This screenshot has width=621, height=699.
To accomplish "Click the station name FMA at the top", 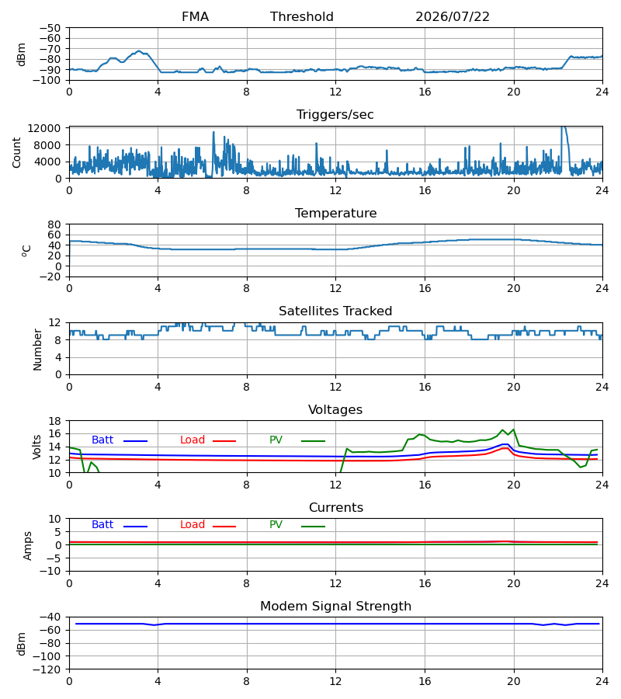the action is [195, 17].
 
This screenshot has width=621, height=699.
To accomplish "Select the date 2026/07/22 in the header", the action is [452, 17].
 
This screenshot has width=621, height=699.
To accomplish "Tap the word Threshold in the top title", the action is [302, 17].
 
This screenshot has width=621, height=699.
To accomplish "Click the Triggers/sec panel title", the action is [335, 115].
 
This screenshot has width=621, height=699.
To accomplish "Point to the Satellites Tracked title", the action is [335, 311].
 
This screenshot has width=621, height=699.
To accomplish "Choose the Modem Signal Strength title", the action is [335, 607].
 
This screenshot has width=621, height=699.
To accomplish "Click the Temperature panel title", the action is [335, 213].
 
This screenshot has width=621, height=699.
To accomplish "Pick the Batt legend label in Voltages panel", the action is [102, 440].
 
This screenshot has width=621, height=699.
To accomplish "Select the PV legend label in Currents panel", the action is [276, 525].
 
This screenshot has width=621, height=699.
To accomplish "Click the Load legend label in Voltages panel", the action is [193, 440].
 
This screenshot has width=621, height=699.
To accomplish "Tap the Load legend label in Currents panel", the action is [193, 525].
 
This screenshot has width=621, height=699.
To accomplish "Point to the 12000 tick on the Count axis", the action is [44, 128].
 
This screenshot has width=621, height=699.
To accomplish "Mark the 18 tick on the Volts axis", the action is [54, 421].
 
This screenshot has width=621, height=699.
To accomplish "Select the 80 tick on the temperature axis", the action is [54, 224].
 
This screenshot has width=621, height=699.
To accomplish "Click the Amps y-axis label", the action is [28, 546].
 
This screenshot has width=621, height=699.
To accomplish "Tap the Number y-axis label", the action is [37, 350].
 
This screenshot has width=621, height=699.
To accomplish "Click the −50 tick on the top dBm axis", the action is [50, 28].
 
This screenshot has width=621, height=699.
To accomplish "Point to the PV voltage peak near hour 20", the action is [513, 429].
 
